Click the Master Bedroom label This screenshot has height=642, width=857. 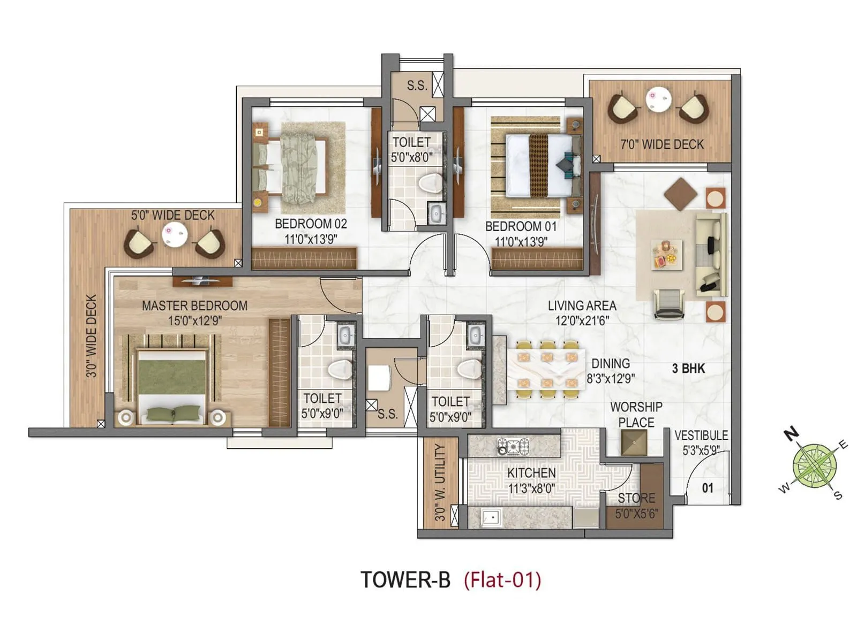pyautogui.click(x=194, y=306)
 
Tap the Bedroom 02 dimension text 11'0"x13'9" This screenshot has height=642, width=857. pyautogui.click(x=311, y=239)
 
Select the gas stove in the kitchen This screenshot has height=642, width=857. pyautogui.click(x=513, y=446)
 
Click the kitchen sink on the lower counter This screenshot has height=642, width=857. pyautogui.click(x=492, y=517)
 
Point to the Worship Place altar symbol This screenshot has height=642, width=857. pyautogui.click(x=634, y=442)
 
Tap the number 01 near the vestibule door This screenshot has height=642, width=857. pyautogui.click(x=708, y=488)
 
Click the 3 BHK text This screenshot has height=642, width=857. pyautogui.click(x=688, y=369)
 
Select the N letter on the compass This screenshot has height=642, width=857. pyautogui.click(x=791, y=433)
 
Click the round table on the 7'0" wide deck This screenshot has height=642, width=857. pyautogui.click(x=658, y=99)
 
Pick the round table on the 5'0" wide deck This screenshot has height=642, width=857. pyautogui.click(x=175, y=234)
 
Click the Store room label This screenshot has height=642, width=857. pyautogui.click(x=636, y=499)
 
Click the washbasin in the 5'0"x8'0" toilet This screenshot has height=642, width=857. pyautogui.click(x=437, y=213)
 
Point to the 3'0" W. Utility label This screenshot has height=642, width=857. pyautogui.click(x=440, y=482)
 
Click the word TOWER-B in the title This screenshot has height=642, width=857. pyautogui.click(x=405, y=580)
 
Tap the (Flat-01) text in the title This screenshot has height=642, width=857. pyautogui.click(x=502, y=580)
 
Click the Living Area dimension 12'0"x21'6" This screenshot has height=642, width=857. pyautogui.click(x=582, y=320)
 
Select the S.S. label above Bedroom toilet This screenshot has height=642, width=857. pyautogui.click(x=417, y=86)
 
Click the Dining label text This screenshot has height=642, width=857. pyautogui.click(x=611, y=364)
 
